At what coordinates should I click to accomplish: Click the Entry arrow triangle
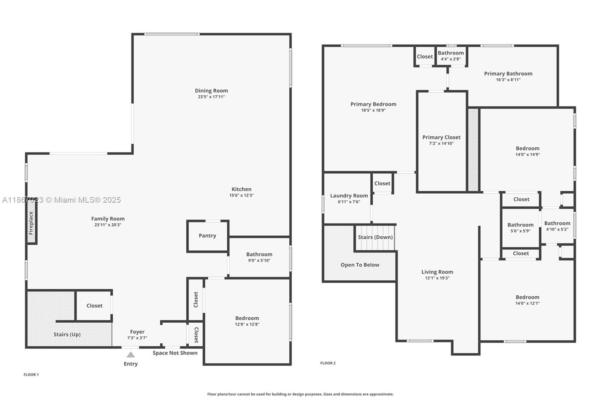[x=130, y=355]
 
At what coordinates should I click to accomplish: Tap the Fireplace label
[x=31, y=223]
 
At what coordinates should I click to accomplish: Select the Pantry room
[x=207, y=236]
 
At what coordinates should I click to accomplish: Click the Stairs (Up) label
[x=67, y=334]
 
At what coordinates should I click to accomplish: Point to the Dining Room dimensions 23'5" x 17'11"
[x=211, y=97]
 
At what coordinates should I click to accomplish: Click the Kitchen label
[x=242, y=189]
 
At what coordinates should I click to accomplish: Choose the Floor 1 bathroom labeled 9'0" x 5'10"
[x=259, y=257]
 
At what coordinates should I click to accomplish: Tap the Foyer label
[x=137, y=332]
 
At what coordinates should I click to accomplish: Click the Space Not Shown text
[x=175, y=353]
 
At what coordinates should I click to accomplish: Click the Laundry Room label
[x=349, y=195]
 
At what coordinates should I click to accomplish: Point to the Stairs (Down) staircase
[x=375, y=238]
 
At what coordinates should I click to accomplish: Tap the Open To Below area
[x=360, y=265]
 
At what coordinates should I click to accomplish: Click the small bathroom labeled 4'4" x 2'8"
[x=451, y=56]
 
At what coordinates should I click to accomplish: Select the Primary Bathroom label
[x=508, y=74]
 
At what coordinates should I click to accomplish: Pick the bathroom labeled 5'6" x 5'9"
[x=520, y=228]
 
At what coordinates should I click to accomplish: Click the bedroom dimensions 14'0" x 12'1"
[x=527, y=303]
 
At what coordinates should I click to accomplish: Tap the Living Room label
[x=437, y=272]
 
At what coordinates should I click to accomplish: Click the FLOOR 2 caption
[x=328, y=363]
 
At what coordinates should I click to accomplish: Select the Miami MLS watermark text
[x=62, y=200]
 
